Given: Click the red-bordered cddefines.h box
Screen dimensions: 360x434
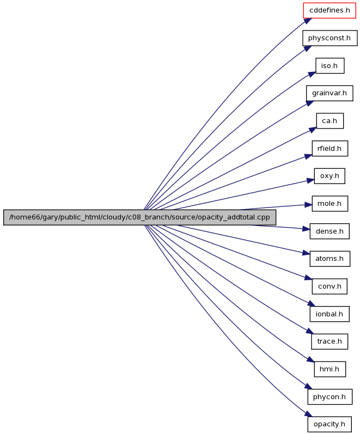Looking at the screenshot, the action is pyautogui.click(x=330, y=10).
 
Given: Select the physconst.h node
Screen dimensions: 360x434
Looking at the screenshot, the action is pyautogui.click(x=330, y=38).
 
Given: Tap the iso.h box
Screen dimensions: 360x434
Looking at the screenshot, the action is pyautogui.click(x=330, y=66).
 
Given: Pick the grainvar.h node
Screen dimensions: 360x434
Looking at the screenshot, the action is pyautogui.click(x=330, y=93).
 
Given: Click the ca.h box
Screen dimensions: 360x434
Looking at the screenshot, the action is pyautogui.click(x=330, y=121).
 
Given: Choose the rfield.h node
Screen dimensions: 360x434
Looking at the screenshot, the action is pyautogui.click(x=330, y=149).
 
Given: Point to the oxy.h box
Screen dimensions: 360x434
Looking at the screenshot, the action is pyautogui.click(x=330, y=176).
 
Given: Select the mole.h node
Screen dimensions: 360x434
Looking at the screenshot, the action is pyautogui.click(x=330, y=204).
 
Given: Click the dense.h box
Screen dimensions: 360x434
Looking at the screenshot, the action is pyautogui.click(x=330, y=231).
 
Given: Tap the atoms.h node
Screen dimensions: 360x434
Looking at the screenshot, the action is pyautogui.click(x=330, y=259).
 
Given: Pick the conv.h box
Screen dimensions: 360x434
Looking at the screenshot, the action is pyautogui.click(x=330, y=286).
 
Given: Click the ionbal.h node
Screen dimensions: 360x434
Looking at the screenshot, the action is pyautogui.click(x=330, y=314).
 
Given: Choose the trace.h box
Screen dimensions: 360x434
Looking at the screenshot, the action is pyautogui.click(x=330, y=341).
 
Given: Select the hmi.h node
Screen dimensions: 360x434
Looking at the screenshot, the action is pyautogui.click(x=330, y=369).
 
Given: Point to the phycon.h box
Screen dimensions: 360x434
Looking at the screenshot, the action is pyautogui.click(x=330, y=397).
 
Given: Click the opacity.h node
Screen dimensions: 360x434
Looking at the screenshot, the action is pyautogui.click(x=330, y=424).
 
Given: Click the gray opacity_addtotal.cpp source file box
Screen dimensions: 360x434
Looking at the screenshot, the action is pyautogui.click(x=139, y=218).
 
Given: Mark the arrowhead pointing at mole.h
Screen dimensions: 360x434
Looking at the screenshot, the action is pyautogui.click(x=308, y=205).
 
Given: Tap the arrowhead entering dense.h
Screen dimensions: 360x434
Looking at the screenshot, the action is pyautogui.click(x=306, y=229).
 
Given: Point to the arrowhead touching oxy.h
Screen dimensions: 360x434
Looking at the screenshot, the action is pyautogui.click(x=310, y=181).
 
